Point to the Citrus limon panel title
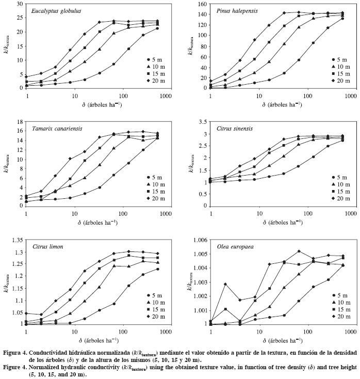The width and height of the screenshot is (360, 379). pyautogui.click(x=47, y=247)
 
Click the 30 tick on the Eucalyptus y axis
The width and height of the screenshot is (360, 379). pyautogui.click(x=19, y=4)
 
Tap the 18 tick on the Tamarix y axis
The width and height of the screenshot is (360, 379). pyautogui.click(x=19, y=122)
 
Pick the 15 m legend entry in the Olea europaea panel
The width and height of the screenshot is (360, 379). pyautogui.click(x=340, y=309)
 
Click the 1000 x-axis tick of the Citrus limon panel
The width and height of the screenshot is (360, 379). pyautogui.click(x=168, y=330)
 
